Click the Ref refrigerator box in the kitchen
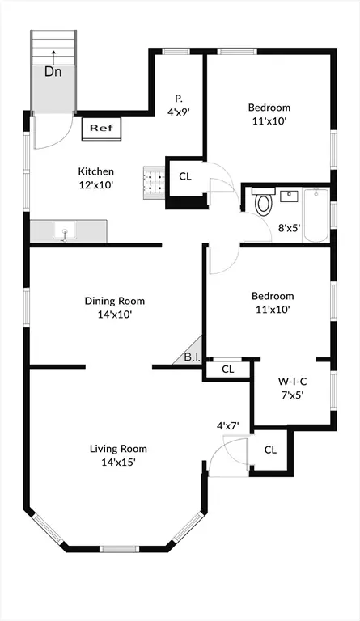point(100,128)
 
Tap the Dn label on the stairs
point(53,71)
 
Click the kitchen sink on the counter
point(65,232)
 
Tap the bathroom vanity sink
point(290,195)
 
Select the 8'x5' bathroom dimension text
point(290,228)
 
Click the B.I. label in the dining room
point(192,357)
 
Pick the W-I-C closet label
point(291,380)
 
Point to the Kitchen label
point(95,171)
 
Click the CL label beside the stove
point(185,176)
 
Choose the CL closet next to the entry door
point(270,450)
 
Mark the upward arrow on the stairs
point(53,53)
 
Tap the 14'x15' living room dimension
point(118,463)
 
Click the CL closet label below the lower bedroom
point(228,370)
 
